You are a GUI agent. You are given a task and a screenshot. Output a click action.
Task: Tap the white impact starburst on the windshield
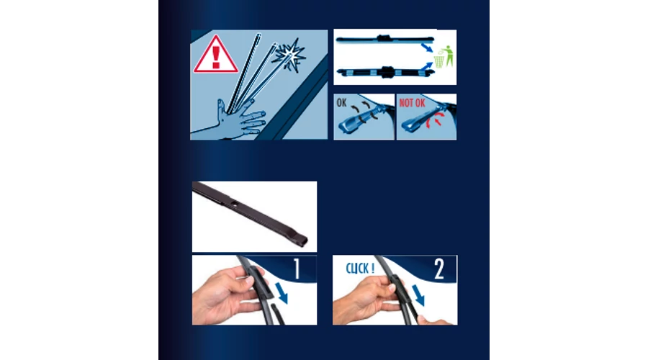coord(291,55)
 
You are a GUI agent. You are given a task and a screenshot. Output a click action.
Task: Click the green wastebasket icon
coord(439,62)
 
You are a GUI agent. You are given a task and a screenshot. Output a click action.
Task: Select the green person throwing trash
coord(448,55)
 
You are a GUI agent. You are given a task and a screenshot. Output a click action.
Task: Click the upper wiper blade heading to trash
coord(384,40)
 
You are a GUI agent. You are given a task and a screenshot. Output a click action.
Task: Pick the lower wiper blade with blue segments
coord(386,72)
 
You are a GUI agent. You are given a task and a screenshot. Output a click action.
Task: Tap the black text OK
coord(341,102)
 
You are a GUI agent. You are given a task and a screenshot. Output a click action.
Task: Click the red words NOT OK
coord(412,103)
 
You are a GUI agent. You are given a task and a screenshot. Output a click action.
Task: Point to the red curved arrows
coord(435,120)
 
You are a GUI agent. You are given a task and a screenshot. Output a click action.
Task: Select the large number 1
coord(297,269)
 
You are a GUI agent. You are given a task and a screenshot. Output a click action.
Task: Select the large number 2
coord(439,269)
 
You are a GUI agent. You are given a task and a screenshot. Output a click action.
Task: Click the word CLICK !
coord(360,269)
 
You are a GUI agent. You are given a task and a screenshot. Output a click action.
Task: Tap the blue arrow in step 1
coord(282,292)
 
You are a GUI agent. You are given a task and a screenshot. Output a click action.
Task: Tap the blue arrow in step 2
coord(418,295)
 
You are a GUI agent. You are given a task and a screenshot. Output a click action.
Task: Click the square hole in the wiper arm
coord(234,202)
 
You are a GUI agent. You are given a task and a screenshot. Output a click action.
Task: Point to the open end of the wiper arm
coord(304,240)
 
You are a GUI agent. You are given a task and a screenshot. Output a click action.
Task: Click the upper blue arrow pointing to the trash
coord(427,48)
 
